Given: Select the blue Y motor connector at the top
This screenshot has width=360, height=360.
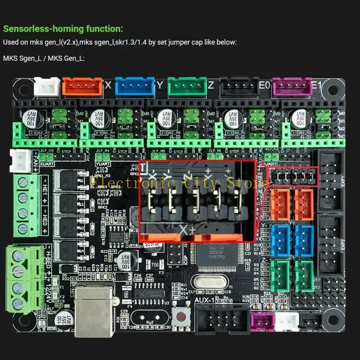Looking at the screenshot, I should pyautogui.click(x=135, y=86).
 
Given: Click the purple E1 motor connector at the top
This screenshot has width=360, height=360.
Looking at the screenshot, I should pyautogui.click(x=292, y=86).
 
